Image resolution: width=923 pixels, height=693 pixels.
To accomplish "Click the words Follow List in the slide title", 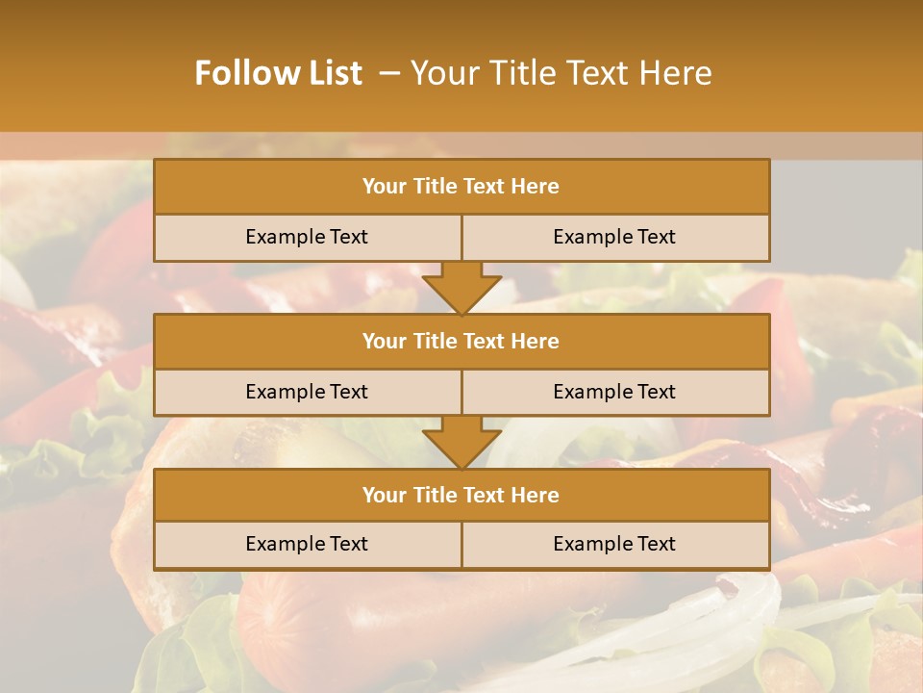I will (x=278, y=73).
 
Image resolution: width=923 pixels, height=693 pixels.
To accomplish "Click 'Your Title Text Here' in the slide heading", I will (x=561, y=73).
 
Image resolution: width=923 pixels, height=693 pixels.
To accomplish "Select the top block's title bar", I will (x=461, y=187).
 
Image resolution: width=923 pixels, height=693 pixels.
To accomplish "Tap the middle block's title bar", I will (x=461, y=341).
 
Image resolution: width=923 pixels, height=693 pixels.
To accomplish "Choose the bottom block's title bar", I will (x=461, y=495).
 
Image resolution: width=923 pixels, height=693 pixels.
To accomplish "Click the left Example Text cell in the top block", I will (x=307, y=237).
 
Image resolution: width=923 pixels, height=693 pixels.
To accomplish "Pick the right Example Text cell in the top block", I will (x=614, y=237).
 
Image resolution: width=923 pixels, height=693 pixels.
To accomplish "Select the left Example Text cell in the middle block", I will (x=307, y=392).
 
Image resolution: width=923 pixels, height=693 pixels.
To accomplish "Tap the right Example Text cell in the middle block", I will (x=614, y=392).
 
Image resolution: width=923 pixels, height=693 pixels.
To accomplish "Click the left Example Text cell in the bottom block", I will (x=307, y=544).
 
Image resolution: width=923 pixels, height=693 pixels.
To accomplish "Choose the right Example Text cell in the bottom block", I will (x=614, y=544).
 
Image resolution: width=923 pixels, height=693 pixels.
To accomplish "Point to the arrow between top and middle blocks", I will (x=461, y=288).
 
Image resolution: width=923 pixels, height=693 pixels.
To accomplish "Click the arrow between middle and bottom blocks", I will (x=461, y=443).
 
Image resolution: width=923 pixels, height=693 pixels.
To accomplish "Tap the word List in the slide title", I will (x=334, y=73).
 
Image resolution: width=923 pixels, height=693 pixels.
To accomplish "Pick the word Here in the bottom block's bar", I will (x=535, y=495).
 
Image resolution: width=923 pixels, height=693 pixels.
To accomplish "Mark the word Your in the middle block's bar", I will (x=384, y=341).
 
